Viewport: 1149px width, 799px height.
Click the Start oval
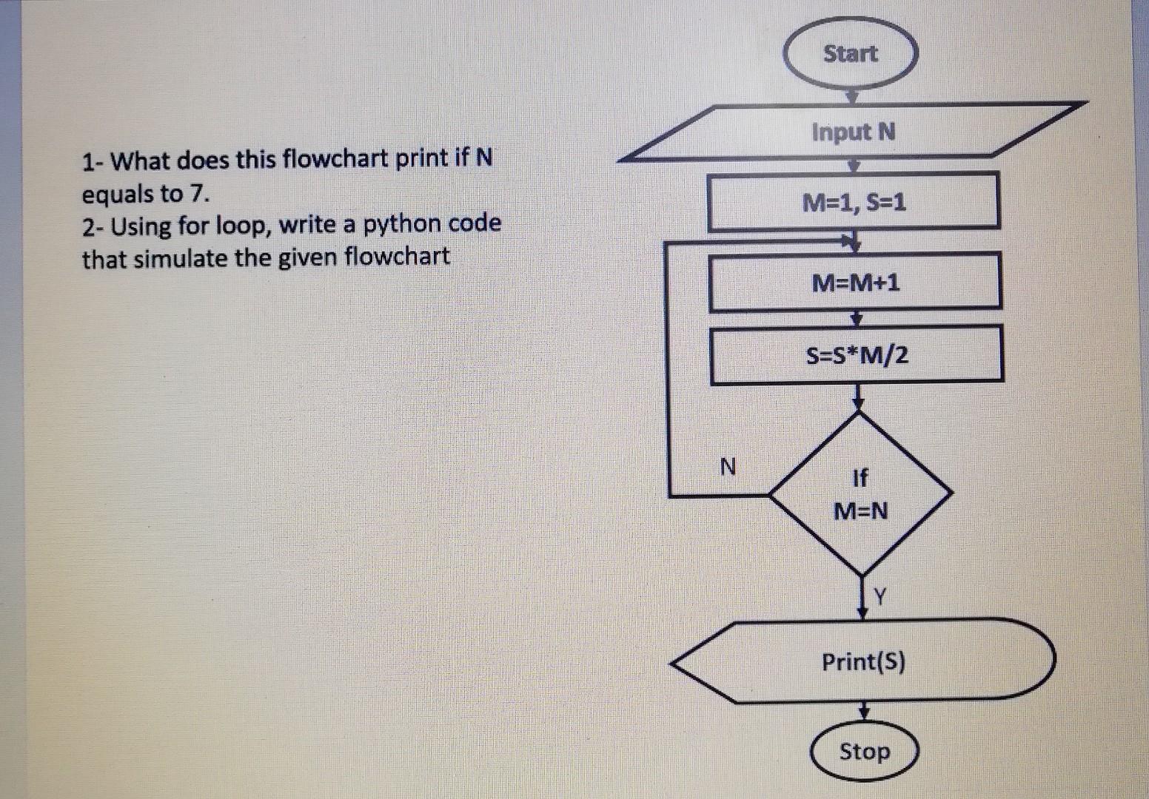coord(850,53)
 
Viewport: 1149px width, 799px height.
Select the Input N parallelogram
coord(853,132)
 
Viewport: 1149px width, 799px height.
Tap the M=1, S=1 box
coord(854,202)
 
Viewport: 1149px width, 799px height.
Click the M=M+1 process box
coord(855,282)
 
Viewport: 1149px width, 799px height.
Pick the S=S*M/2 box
coord(857,356)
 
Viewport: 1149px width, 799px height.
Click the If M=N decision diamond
coord(860,494)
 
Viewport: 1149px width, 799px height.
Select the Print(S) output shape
coord(863,661)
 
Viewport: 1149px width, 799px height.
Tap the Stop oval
coord(864,752)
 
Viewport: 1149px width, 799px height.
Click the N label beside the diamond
coord(728,467)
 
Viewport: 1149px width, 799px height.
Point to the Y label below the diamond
coord(880,596)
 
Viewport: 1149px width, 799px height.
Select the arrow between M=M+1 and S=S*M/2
coord(857,318)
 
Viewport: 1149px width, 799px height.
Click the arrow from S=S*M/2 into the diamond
coord(858,397)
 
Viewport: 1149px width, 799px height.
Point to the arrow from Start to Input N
coord(851,96)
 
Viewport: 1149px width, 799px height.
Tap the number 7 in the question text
coord(196,194)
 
